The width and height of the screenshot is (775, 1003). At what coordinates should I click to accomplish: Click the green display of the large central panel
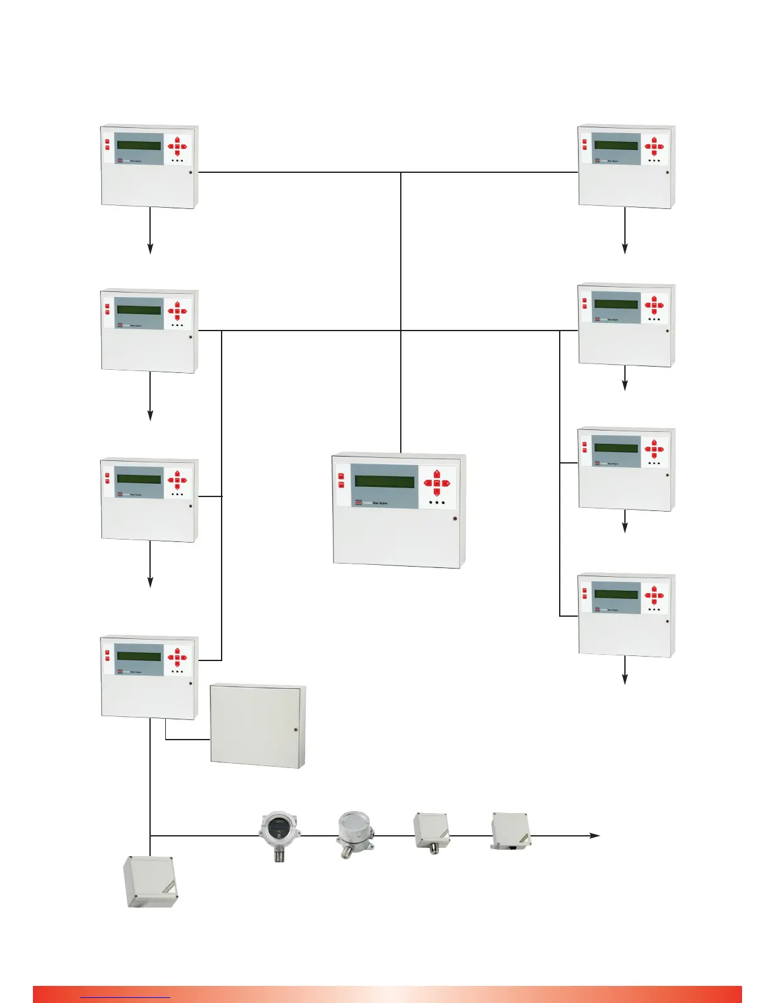(384, 481)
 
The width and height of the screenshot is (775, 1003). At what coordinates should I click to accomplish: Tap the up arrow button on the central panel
(437, 473)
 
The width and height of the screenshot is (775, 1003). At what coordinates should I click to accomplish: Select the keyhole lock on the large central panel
(455, 519)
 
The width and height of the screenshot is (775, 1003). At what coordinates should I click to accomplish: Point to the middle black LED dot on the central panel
(437, 503)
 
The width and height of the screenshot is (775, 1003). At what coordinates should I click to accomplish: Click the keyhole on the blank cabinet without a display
(296, 730)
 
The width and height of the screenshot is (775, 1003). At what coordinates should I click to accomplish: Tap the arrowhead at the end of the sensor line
(595, 836)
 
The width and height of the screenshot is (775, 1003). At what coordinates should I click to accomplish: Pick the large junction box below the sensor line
(150, 881)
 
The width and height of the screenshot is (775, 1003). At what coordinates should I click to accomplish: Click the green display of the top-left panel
(139, 146)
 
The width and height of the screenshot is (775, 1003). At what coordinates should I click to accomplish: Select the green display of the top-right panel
(615, 146)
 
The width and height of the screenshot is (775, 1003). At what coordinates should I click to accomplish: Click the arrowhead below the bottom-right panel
(625, 679)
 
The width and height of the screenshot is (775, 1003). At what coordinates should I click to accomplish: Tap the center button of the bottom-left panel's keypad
(177, 657)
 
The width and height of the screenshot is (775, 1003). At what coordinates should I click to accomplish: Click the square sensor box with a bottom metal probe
(431, 831)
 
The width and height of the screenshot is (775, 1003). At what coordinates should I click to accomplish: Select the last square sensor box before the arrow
(510, 831)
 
